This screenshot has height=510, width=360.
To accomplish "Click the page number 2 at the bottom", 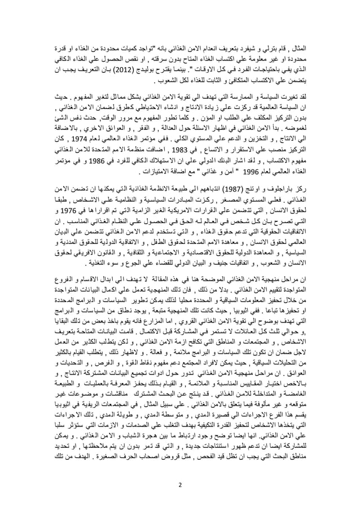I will click(180, 484).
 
